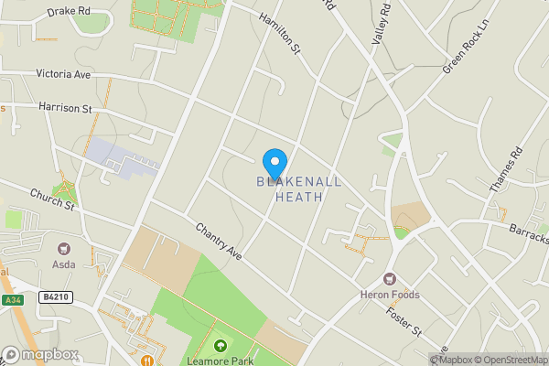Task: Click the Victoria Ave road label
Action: (x=64, y=73)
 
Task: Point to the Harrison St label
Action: (x=66, y=108)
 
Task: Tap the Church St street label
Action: (x=51, y=199)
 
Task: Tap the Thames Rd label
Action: (x=504, y=169)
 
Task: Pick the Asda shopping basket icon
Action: (x=64, y=248)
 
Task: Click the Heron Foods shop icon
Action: (x=391, y=278)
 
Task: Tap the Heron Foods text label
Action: (x=391, y=295)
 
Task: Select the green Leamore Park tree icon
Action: (x=221, y=346)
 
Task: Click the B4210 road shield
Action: (x=56, y=297)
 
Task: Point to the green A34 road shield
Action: (x=12, y=299)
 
